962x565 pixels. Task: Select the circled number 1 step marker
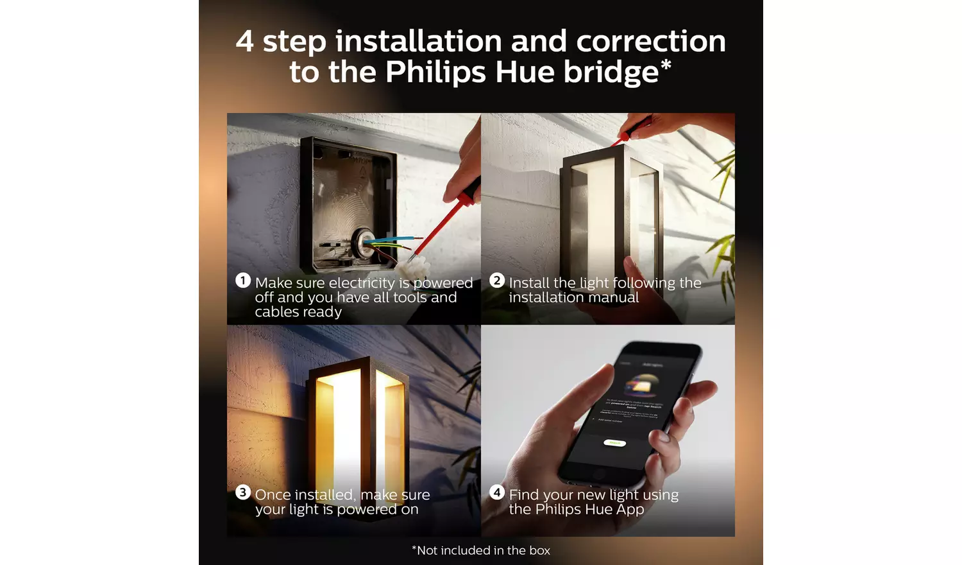tap(243, 281)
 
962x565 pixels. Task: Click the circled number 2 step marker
tap(497, 281)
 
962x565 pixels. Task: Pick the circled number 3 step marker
tap(242, 492)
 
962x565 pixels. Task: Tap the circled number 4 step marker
tap(497, 492)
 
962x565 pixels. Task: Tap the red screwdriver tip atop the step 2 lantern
tap(624, 137)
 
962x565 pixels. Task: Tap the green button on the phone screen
tap(614, 443)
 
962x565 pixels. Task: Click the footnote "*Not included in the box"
tap(481, 550)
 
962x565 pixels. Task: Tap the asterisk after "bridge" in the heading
tap(666, 65)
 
